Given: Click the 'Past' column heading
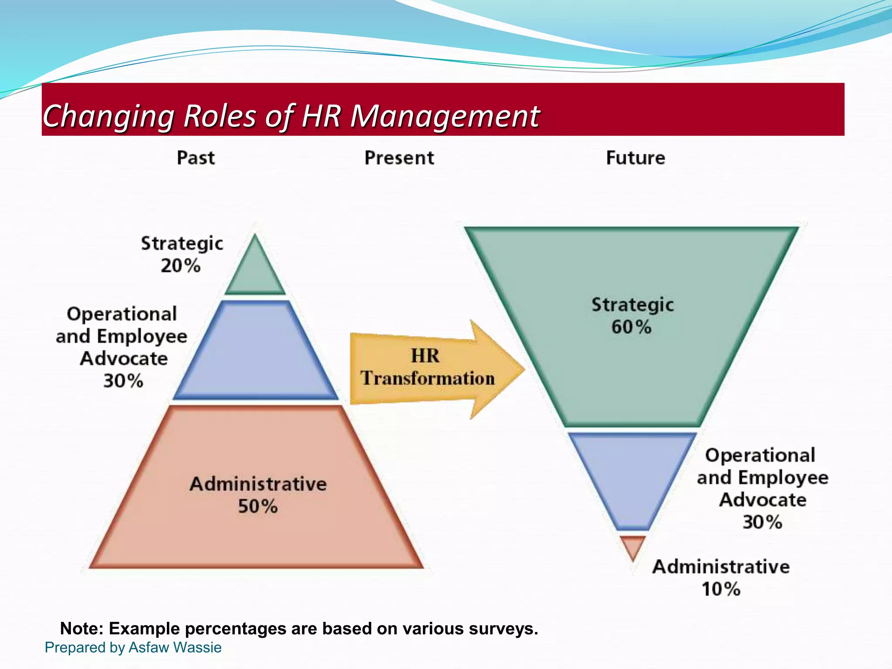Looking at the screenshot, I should tap(196, 158).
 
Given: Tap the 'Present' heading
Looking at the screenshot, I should tap(399, 158).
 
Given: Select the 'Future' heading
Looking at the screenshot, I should tap(635, 158).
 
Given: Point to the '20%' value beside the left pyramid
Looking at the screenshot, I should tap(180, 266).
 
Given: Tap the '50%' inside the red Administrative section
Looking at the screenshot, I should tap(257, 507).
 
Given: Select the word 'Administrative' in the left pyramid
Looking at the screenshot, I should tap(258, 484).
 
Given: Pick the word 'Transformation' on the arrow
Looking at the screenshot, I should tap(427, 378).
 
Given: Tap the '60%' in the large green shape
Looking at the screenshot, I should tap(631, 327).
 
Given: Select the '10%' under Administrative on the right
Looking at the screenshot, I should tap(721, 589).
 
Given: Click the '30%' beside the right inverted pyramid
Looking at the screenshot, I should tap(762, 522).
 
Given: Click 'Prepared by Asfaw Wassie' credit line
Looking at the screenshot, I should tap(133, 647).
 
